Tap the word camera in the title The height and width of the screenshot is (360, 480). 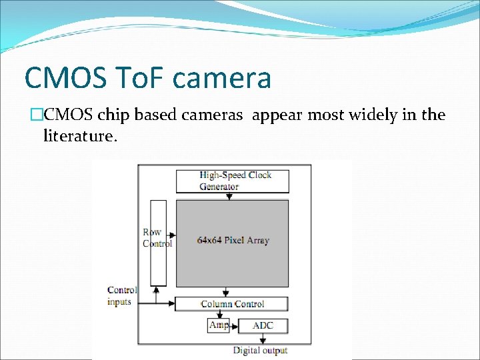222,79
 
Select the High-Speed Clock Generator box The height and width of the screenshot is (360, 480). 232,181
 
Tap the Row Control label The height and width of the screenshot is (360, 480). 157,238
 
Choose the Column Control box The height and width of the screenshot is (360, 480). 231,304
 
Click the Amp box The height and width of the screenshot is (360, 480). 218,325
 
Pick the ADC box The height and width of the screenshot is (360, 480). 262,326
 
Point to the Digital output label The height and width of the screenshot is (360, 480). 260,350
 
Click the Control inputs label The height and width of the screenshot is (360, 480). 121,295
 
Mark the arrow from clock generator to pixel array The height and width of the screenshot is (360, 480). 232,195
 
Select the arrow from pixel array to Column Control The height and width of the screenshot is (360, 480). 226,291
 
